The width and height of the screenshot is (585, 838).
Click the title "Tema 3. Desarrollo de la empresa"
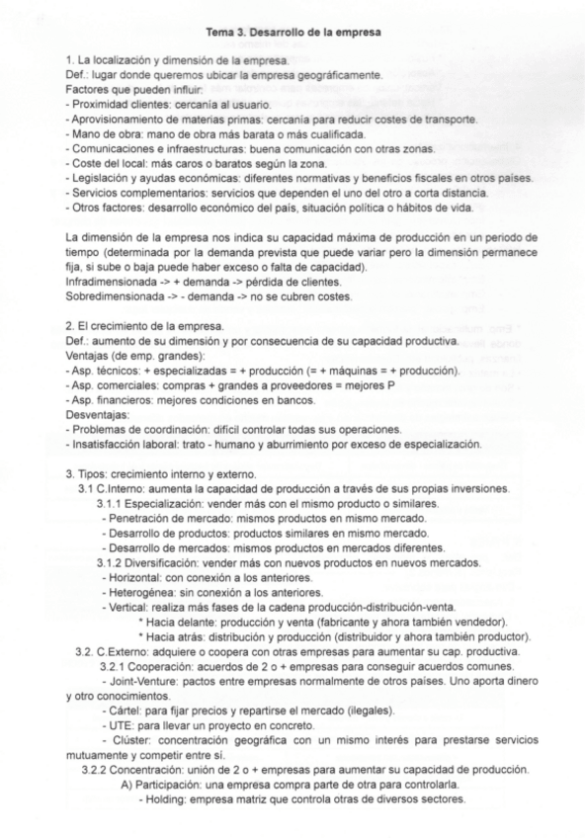click(x=293, y=33)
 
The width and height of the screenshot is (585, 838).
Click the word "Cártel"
click(x=123, y=711)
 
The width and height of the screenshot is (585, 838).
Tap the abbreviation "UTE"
click(x=119, y=724)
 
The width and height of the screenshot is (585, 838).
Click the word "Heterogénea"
click(x=139, y=592)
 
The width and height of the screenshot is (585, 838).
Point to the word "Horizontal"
click(x=135, y=578)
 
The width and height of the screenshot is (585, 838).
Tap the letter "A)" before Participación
click(x=126, y=786)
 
